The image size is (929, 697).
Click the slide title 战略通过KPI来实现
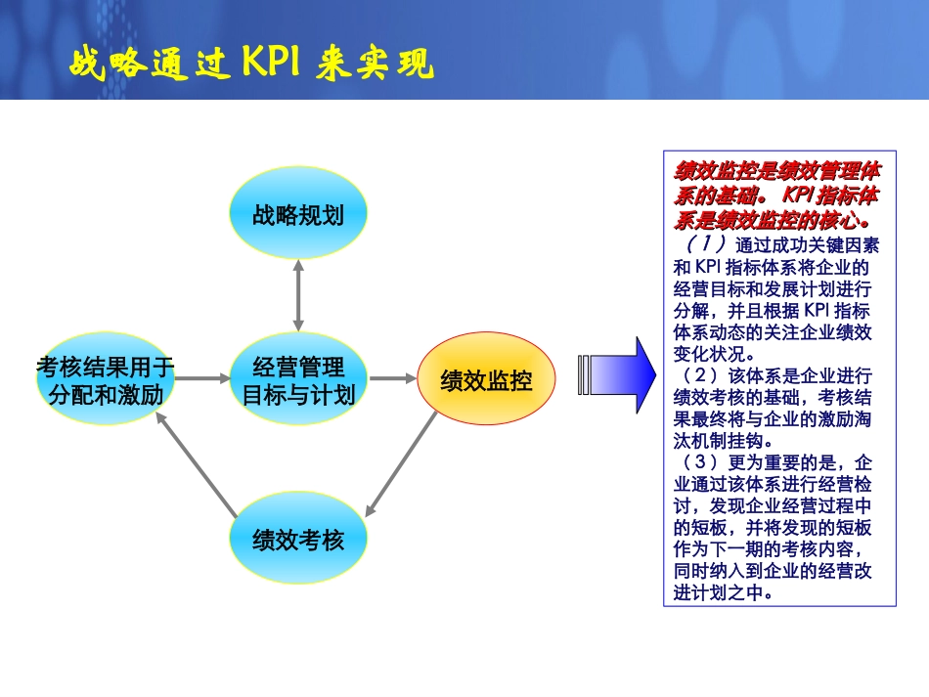pyautogui.click(x=251, y=64)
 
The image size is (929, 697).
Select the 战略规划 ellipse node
pyautogui.click(x=298, y=215)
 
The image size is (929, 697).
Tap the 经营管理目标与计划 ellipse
pyautogui.click(x=298, y=380)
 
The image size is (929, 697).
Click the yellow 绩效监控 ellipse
pyautogui.click(x=486, y=380)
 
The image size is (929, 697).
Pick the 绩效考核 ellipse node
pyautogui.click(x=298, y=539)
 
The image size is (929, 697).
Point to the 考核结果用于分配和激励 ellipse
pyautogui.click(x=106, y=380)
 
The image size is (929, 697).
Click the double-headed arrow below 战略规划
pyautogui.click(x=298, y=296)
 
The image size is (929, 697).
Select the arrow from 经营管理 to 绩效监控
pyautogui.click(x=393, y=378)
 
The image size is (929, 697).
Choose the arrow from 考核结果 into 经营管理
pyautogui.click(x=200, y=378)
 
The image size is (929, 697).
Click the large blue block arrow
pyautogui.click(x=617, y=374)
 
